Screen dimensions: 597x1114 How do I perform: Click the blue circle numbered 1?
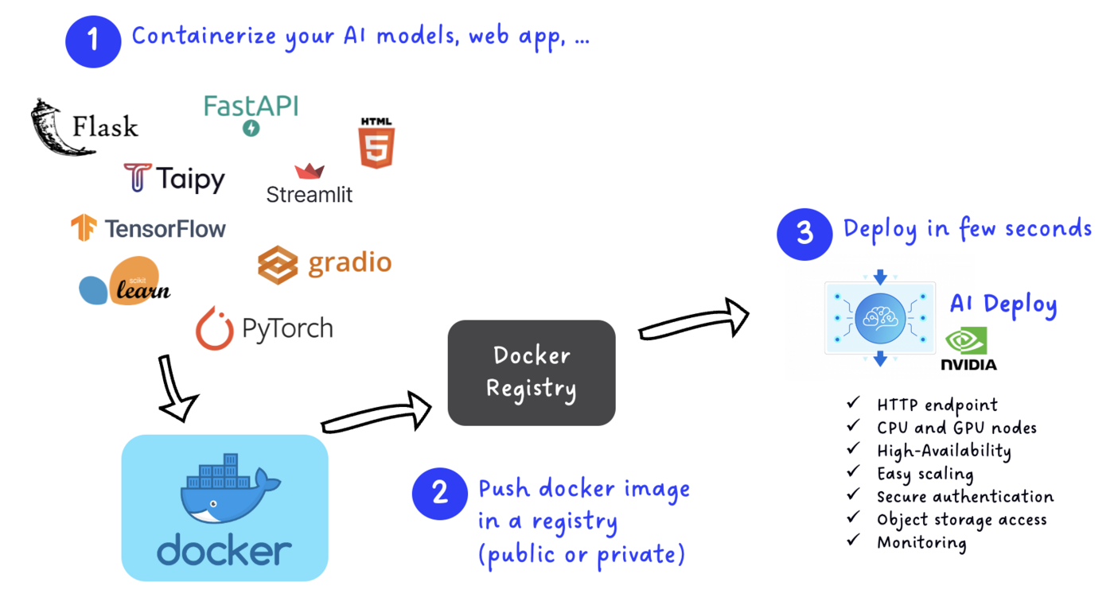point(93,39)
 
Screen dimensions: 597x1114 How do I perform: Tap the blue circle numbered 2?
point(439,494)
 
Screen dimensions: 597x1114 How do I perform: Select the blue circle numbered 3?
point(804,233)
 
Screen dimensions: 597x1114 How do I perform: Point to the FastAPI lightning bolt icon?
point(251,127)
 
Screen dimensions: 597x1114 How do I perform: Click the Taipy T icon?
point(138,177)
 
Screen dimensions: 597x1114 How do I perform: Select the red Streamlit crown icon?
point(310,171)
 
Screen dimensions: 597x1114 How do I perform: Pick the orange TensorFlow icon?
point(84,228)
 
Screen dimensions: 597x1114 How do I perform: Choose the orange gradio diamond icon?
point(278,263)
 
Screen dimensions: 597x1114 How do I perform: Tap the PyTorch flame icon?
point(214,328)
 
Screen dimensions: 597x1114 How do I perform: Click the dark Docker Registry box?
point(532,372)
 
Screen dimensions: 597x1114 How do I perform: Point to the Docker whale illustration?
point(224,490)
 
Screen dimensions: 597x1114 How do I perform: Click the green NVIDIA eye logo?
point(967,341)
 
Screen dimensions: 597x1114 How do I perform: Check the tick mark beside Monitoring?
point(854,541)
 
